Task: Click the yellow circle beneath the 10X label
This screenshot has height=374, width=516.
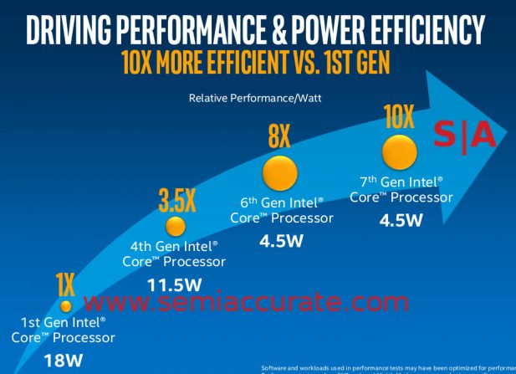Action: tap(400, 153)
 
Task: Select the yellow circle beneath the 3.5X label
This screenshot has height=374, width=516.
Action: tap(175, 226)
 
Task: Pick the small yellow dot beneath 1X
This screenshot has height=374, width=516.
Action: tap(66, 306)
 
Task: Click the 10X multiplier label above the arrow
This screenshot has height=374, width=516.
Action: tap(398, 117)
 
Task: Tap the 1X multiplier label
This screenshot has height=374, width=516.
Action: tap(65, 285)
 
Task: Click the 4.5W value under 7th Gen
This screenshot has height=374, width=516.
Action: tap(401, 222)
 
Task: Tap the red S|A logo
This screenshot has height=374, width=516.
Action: tap(464, 134)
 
